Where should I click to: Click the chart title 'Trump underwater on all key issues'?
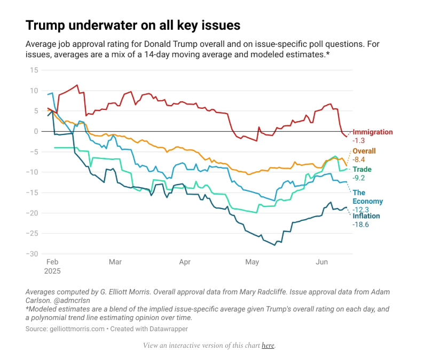tap(133, 25)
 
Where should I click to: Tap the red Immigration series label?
tap(373, 132)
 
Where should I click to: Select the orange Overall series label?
tap(364, 151)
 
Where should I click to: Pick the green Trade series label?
tap(362, 170)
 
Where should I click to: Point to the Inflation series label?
tap(366, 216)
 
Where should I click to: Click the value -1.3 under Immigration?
tap(360, 141)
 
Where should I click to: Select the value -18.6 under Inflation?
tap(361, 225)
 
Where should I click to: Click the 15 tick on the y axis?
tap(34, 70)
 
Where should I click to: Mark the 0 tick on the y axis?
tap(36, 131)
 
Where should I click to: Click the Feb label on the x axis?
tap(52, 262)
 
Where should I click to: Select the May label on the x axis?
tap(251, 262)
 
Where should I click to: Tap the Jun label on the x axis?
tap(322, 262)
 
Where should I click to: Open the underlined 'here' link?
tap(267, 346)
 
